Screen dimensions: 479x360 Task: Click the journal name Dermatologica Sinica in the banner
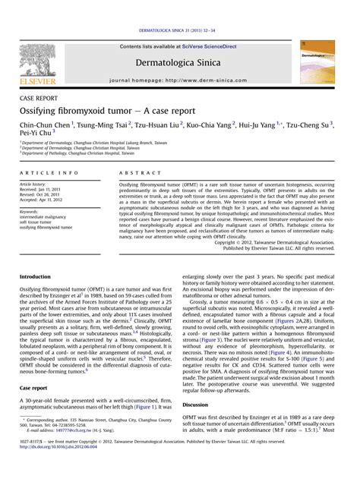coord(179,65)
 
